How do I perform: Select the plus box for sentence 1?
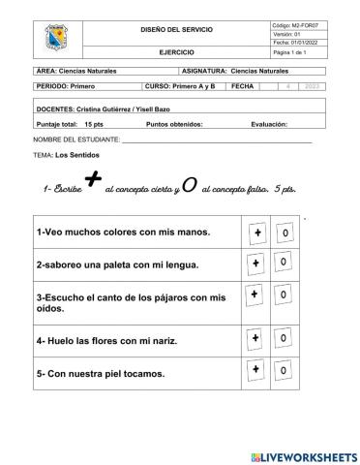coord(257,233)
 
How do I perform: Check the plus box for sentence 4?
coord(256,338)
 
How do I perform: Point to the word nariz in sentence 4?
coord(167,341)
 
